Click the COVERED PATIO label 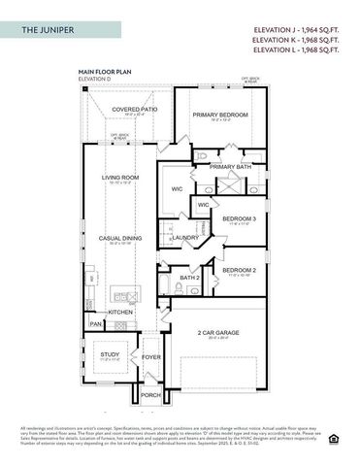tap(134, 110)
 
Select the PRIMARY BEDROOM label tap(218, 115)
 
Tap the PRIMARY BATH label tap(230, 167)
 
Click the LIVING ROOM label tap(121, 178)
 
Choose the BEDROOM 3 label tap(239, 219)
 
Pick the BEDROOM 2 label tap(239, 269)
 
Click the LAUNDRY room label tap(185, 237)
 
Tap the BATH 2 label tap(189, 278)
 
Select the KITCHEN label tap(120, 312)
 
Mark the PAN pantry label tap(95, 323)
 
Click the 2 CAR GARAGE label tap(218, 333)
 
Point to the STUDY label tap(110, 354)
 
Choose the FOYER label tap(151, 356)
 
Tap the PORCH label tap(151, 395)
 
